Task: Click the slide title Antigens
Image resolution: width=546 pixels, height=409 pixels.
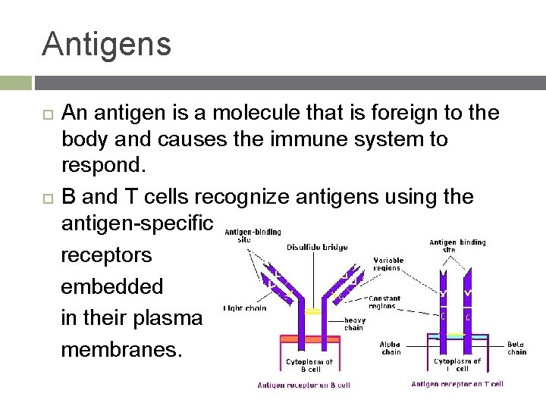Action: coord(107,43)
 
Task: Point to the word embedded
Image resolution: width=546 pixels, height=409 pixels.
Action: coord(111,286)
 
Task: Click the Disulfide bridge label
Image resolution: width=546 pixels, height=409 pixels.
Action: coord(317,246)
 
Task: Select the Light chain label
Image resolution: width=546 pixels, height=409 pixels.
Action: coord(245,308)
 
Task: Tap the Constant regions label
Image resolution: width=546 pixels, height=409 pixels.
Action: coord(384,302)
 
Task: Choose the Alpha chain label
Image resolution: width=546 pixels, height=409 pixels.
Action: coord(391,348)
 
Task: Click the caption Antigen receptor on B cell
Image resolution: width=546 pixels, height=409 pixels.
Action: coord(303,386)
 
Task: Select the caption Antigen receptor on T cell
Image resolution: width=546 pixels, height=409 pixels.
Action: coord(457,385)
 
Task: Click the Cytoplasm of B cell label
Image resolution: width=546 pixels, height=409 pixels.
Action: coord(309,366)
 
